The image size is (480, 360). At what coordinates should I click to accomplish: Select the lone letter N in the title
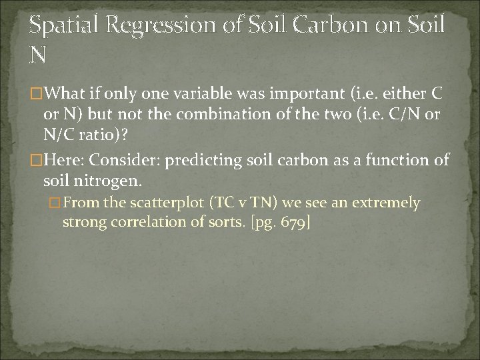(x=38, y=55)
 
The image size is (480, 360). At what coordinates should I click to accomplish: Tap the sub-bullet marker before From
(x=56, y=203)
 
